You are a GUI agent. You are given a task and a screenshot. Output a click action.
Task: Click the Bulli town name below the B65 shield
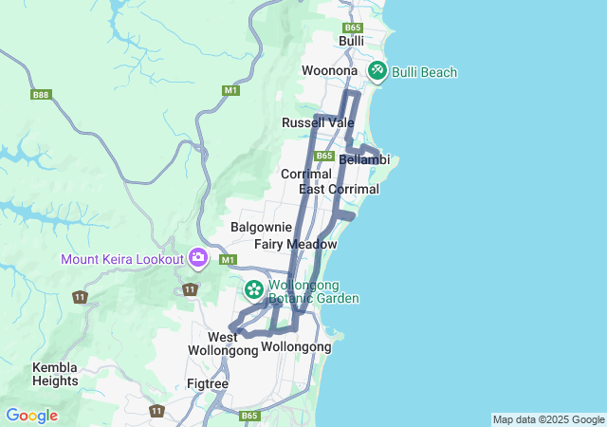[352, 42]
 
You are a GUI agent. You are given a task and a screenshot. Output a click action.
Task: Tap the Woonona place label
[329, 71]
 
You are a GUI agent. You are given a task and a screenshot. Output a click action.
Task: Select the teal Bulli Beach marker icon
[377, 70]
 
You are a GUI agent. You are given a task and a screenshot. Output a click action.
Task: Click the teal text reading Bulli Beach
[424, 72]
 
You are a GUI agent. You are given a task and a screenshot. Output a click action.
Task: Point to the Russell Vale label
[318, 122]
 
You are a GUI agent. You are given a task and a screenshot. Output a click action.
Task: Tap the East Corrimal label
[339, 189]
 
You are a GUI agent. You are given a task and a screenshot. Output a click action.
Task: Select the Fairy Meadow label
[295, 244]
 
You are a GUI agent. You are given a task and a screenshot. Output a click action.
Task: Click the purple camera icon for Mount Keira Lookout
[198, 257]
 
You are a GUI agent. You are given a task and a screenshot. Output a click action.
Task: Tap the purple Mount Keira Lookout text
[122, 259]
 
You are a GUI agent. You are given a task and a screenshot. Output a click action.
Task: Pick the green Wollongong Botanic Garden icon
[254, 288]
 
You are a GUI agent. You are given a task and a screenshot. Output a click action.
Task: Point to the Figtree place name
[208, 383]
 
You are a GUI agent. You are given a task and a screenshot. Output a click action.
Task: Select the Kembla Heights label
[55, 374]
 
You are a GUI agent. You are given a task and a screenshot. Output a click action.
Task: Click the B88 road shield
[40, 95]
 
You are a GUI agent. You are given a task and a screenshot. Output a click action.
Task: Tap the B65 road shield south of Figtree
[249, 416]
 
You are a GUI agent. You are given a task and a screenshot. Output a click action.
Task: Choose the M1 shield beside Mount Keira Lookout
[227, 259]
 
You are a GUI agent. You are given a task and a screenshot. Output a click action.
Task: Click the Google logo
[31, 416]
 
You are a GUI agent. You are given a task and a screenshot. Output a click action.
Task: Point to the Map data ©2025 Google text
[548, 419]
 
